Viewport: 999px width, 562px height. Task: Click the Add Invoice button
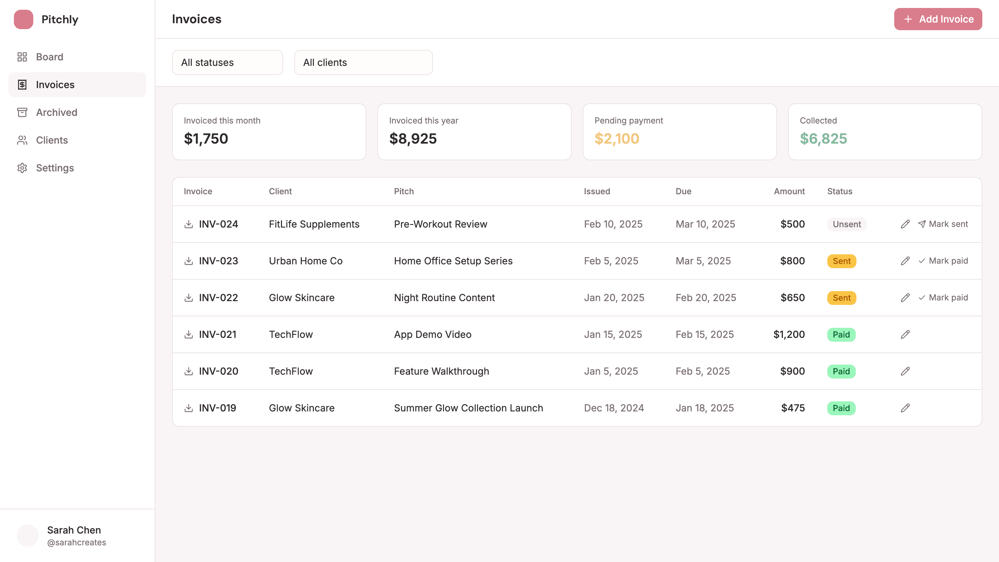click(938, 19)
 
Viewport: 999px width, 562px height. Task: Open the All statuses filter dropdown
click(227, 62)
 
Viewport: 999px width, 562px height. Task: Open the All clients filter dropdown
click(363, 62)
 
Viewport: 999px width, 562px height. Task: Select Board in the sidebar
click(49, 57)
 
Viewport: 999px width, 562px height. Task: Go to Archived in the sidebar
click(57, 112)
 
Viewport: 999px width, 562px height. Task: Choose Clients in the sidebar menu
click(52, 140)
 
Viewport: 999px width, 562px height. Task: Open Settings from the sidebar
click(55, 168)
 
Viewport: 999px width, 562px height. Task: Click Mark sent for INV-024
click(943, 224)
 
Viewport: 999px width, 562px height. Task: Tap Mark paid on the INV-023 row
click(943, 261)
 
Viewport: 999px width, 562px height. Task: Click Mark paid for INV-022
click(943, 298)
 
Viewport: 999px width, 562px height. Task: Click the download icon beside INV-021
click(188, 334)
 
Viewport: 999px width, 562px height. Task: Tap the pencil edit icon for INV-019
click(905, 408)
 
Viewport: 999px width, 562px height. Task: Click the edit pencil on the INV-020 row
click(905, 371)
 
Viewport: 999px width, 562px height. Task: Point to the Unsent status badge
click(847, 224)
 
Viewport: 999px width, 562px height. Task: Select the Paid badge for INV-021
click(841, 334)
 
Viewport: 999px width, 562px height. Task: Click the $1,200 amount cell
click(789, 334)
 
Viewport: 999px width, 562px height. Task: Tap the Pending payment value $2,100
click(617, 138)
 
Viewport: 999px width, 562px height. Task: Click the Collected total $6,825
click(823, 138)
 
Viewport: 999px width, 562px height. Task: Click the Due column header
click(683, 191)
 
